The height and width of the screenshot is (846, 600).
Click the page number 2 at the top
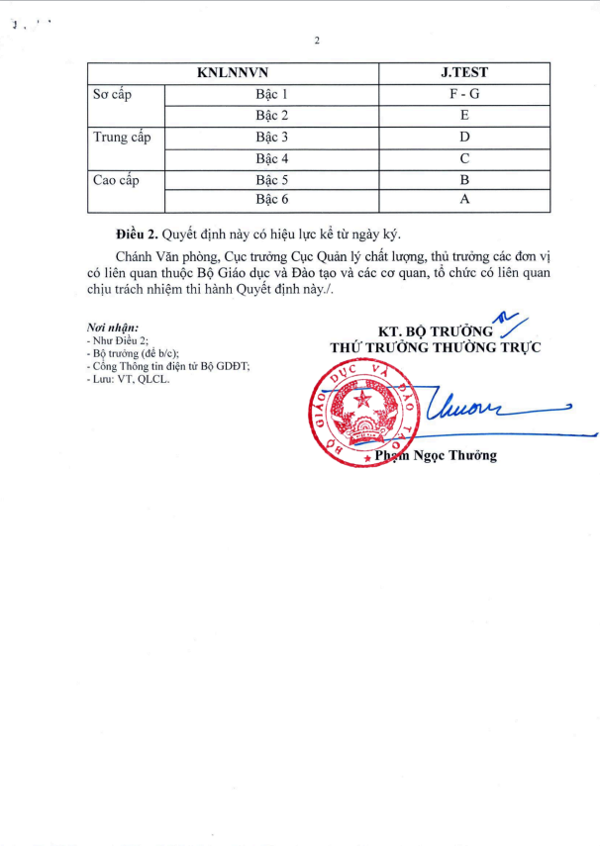317,41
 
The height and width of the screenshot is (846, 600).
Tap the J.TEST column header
464,73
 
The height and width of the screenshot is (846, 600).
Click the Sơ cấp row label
112,95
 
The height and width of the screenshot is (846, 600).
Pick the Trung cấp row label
121,138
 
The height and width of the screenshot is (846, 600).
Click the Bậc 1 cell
271,95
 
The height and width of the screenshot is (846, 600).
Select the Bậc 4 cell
271,158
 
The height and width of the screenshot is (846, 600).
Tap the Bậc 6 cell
271,201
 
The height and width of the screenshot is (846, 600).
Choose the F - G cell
464,95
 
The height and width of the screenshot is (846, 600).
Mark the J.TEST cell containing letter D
464,138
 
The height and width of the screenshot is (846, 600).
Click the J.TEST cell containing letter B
464,180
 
